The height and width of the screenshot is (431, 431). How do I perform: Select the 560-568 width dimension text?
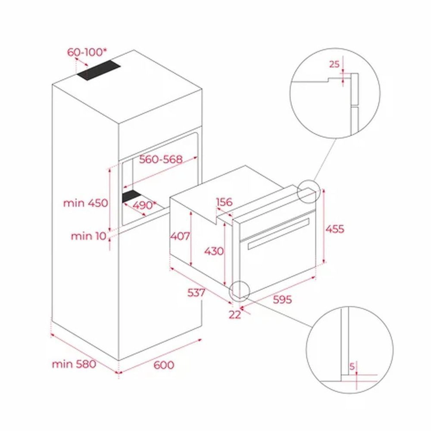(x=161, y=159)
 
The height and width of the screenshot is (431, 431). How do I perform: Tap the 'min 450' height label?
(x=86, y=203)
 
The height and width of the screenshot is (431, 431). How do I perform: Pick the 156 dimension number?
(x=224, y=202)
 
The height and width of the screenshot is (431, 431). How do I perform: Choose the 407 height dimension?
(x=180, y=236)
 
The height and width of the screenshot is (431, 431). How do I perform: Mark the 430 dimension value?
(x=214, y=251)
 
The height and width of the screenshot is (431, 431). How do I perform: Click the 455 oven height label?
(x=335, y=229)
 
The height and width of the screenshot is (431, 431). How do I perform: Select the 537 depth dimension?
(x=196, y=293)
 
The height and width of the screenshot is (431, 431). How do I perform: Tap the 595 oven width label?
(x=282, y=299)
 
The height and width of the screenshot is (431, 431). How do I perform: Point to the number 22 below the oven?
(x=235, y=315)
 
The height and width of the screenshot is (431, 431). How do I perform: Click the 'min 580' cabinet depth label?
(x=74, y=364)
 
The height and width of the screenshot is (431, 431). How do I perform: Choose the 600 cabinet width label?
(x=164, y=365)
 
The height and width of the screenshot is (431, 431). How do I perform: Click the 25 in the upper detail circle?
(x=334, y=64)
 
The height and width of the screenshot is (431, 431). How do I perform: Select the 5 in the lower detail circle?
(x=352, y=366)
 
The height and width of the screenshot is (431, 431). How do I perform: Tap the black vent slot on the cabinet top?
(x=99, y=71)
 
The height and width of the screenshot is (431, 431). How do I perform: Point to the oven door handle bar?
(x=278, y=233)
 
